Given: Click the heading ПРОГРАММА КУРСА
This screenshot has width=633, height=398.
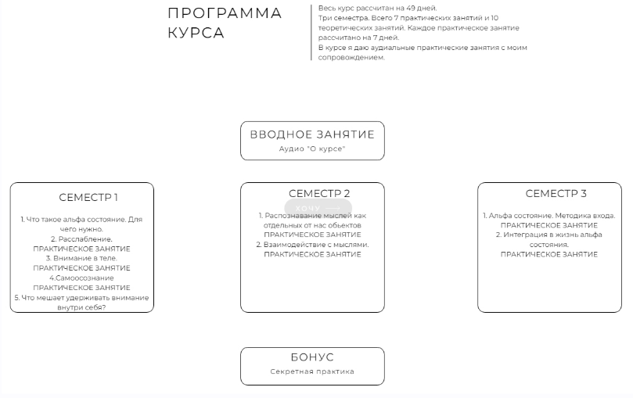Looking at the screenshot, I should [225, 23].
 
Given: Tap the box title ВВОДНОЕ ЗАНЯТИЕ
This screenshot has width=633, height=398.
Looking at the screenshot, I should [312, 134].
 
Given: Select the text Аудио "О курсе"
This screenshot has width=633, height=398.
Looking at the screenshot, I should [312, 149].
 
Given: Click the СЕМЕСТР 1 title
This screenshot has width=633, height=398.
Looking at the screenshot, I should [88, 197].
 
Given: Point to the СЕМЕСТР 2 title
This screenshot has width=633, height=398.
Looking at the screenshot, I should [319, 194].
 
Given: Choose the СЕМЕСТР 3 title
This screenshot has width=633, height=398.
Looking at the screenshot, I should [556, 194].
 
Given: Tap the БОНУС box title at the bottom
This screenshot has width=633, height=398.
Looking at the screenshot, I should [312, 357].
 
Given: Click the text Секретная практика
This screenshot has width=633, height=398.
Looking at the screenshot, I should [312, 371].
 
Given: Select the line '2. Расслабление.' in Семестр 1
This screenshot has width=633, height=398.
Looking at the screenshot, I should [81, 239].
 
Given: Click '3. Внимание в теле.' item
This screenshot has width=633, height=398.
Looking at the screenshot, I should [81, 258].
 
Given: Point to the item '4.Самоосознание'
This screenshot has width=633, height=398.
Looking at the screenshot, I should [81, 278].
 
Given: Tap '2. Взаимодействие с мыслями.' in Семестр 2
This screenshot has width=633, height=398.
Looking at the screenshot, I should [312, 245].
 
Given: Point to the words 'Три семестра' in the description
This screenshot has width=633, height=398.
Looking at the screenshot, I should [339, 18].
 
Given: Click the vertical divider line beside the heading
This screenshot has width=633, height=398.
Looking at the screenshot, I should [312, 31].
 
